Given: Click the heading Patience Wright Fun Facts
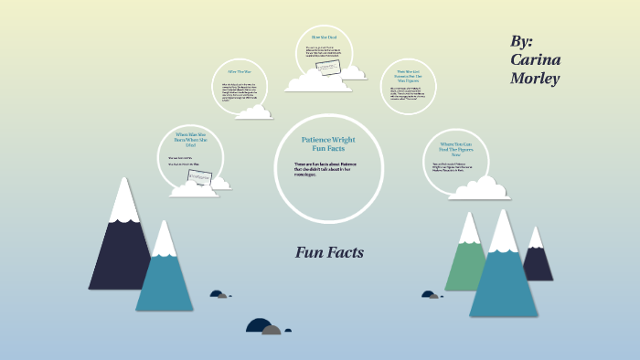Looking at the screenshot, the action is tap(327, 144).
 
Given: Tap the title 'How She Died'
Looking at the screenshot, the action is tap(324, 36).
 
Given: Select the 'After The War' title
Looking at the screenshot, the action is tap(239, 71).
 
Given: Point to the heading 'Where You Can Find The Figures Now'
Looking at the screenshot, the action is tap(454, 148).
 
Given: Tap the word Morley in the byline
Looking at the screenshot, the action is tap(535, 79).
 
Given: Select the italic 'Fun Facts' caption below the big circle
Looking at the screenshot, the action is tap(329, 252).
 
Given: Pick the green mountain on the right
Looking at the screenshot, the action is tap(465, 260).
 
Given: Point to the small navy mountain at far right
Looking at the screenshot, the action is tap(538, 260).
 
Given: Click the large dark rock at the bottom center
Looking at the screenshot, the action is tap(258, 325).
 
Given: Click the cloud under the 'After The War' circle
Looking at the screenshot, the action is tap(253, 112).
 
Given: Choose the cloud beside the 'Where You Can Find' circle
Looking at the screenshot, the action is tap(479, 188).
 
